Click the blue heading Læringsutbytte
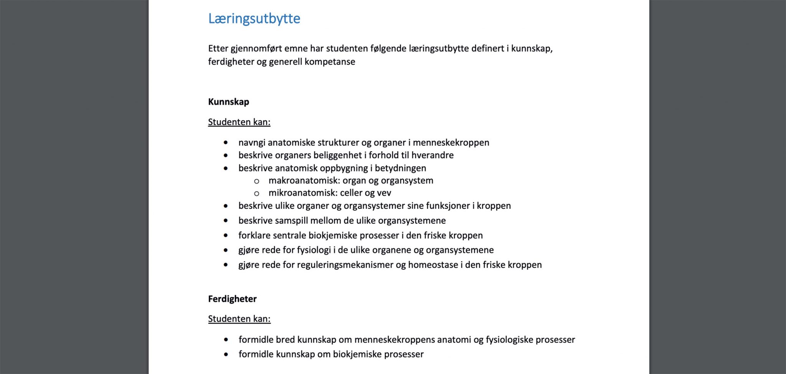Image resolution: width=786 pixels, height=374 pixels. [x=254, y=18]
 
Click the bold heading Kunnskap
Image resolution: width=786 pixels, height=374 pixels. [x=228, y=102]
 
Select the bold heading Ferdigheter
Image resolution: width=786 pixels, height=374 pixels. [x=232, y=299]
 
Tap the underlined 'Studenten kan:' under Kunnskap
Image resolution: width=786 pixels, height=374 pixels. [x=239, y=122]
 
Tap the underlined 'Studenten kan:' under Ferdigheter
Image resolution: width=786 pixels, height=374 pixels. [x=239, y=319]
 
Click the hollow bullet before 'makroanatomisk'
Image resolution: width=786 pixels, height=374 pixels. [x=256, y=181]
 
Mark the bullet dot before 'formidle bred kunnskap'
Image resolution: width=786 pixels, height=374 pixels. [x=226, y=339]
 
